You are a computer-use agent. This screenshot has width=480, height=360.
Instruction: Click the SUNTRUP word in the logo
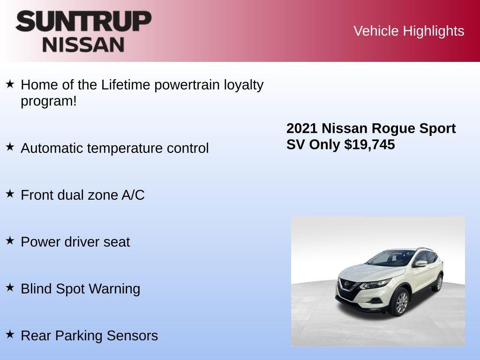[x=83, y=21]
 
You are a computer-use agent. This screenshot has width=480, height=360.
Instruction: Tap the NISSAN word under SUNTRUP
[x=83, y=45]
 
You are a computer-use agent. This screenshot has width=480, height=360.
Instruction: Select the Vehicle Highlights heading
[x=409, y=31]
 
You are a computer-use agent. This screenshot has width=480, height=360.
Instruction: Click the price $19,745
[x=369, y=144]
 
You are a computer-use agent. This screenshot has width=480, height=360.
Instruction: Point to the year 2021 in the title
[x=302, y=128]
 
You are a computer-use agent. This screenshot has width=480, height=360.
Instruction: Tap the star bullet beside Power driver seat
[x=10, y=240]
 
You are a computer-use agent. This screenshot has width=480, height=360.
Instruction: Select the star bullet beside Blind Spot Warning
[x=10, y=287]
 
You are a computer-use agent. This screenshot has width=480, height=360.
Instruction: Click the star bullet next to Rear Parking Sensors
[x=10, y=334]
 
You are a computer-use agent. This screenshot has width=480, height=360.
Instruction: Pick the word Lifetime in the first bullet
[x=126, y=85]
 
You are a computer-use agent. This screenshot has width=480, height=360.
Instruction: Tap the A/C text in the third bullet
[x=133, y=195]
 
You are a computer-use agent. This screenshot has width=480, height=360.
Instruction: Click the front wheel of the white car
[x=401, y=302]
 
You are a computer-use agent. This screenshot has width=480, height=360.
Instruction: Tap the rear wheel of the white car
[x=439, y=283]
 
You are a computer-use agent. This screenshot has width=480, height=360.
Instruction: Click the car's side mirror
[x=420, y=263]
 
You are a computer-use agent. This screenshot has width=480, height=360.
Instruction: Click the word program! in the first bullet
[x=48, y=101]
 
